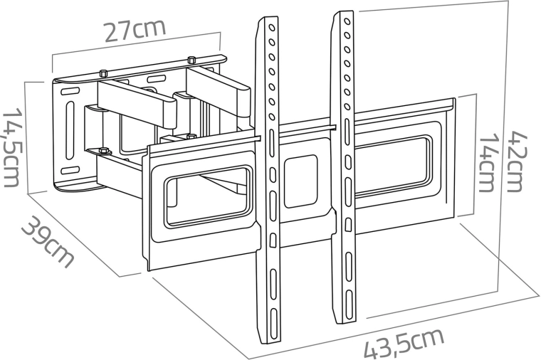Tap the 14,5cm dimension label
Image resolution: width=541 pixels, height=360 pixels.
pos(11,147)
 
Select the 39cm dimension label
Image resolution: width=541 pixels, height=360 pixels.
pos(48,241)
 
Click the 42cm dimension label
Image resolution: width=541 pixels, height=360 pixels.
pos(518,161)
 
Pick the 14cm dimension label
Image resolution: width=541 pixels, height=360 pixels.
pos(488,163)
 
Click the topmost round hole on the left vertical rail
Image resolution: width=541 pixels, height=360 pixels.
pos(272,28)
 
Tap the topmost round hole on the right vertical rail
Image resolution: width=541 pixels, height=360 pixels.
pos(347,21)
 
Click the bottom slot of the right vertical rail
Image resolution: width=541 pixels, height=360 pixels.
pos(350,303)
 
